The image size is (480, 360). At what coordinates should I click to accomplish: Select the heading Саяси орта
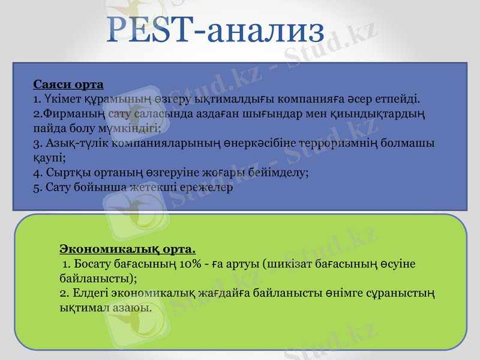point(68,83)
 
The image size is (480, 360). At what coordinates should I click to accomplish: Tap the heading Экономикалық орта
point(127,248)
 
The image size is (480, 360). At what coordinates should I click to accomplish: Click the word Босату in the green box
point(91,263)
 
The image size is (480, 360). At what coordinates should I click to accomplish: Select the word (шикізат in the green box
point(286,263)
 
